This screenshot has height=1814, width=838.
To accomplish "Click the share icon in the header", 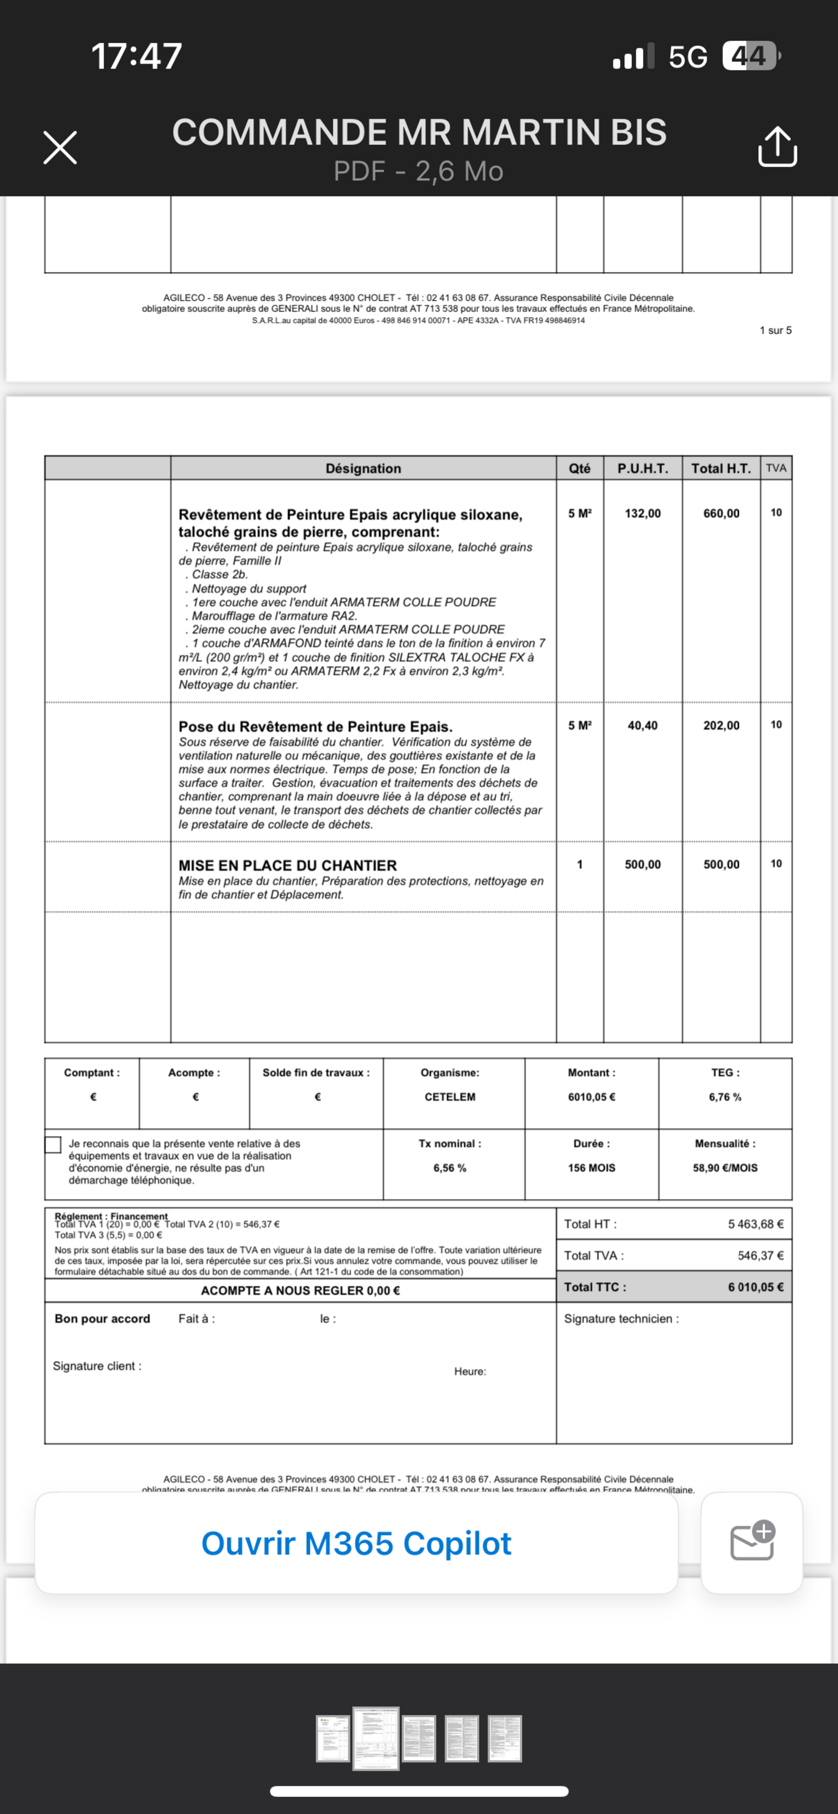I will tap(777, 147).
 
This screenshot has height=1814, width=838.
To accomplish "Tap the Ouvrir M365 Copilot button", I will tap(356, 1543).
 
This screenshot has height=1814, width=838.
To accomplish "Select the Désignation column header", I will tap(363, 468).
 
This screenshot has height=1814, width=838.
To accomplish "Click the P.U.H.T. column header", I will tap(643, 468).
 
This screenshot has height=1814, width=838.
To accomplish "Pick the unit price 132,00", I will tap(643, 513).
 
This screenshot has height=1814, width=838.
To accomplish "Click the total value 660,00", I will tap(721, 513).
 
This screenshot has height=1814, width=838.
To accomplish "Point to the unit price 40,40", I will tap(643, 726).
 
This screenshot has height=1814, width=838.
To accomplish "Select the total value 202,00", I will tap(721, 726).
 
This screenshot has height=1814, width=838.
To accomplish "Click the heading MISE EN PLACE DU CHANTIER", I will tap(287, 866).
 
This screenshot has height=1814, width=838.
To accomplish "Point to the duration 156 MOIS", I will tap(592, 1168).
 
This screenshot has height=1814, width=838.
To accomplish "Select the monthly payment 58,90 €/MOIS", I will tap(725, 1168).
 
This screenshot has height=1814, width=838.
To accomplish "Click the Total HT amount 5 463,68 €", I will tap(755, 1224).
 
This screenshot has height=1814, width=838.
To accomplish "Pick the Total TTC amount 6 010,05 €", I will tap(755, 1287).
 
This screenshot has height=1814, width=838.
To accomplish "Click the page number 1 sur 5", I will tap(775, 330).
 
